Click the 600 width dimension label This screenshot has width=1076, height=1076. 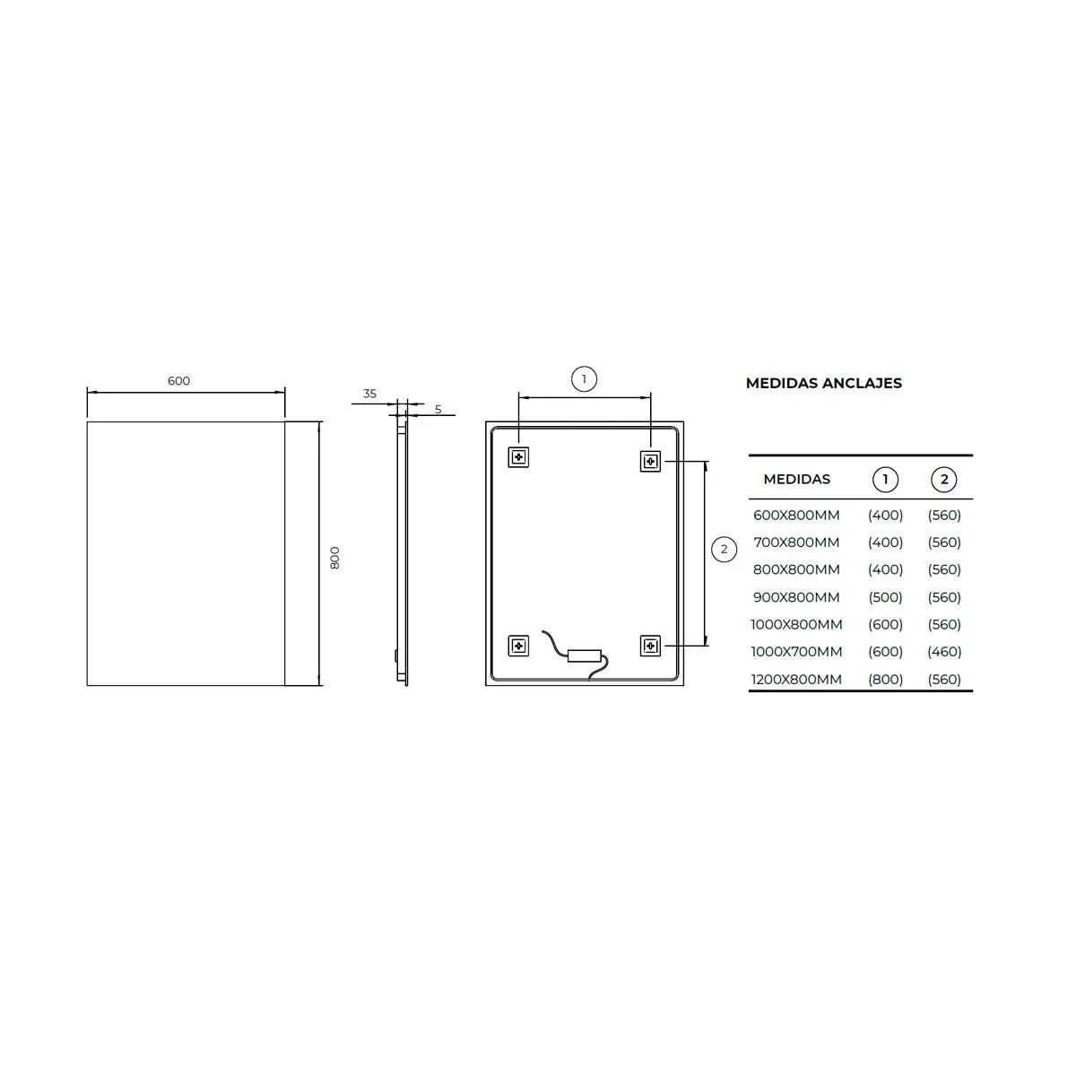point(178,381)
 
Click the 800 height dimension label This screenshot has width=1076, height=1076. point(334,558)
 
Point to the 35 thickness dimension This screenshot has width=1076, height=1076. point(369,394)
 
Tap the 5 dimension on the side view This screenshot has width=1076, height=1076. point(438,409)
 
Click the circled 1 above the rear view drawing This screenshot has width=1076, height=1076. point(584,379)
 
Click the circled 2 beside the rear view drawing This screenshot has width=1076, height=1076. point(725,550)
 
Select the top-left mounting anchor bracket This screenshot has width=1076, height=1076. point(519,457)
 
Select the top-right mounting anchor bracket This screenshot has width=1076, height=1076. point(650,462)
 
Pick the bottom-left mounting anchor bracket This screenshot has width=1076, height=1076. point(519,646)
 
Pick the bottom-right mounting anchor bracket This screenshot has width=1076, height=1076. point(650,646)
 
